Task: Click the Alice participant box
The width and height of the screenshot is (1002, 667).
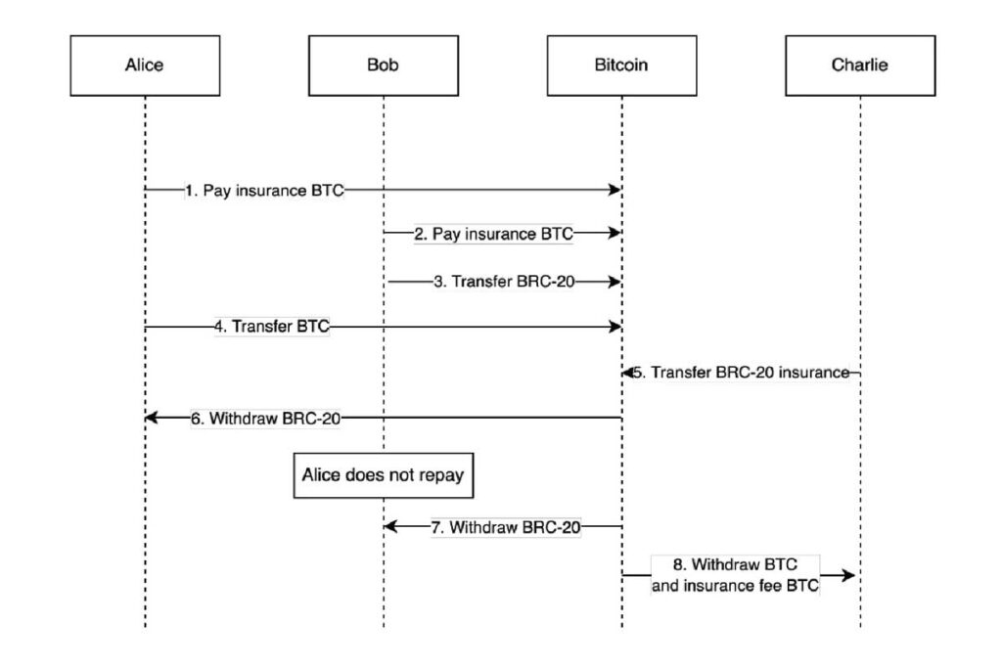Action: point(145,66)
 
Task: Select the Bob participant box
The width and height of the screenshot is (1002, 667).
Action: point(383,66)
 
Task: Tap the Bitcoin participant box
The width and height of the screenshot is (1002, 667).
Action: point(621,66)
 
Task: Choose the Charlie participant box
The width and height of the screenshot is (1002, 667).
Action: point(860,66)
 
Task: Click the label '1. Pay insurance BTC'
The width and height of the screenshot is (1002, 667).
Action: point(264,190)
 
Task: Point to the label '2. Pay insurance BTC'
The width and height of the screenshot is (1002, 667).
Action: point(494,235)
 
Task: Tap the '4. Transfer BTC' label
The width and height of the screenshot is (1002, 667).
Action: point(272,328)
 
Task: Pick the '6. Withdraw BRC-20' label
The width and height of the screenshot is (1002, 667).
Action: point(265,418)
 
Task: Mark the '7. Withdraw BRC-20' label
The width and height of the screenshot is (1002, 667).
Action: point(506,527)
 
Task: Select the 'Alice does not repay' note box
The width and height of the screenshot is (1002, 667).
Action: point(384,476)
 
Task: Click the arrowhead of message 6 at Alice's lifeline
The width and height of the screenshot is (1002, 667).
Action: point(151,418)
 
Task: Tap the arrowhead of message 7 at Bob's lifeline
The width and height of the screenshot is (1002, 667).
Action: point(389,527)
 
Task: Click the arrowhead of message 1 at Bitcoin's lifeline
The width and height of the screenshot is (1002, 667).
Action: point(615,190)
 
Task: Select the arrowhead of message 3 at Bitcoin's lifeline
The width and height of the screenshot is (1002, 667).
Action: point(615,282)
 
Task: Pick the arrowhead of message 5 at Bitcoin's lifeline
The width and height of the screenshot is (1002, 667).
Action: point(627,373)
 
